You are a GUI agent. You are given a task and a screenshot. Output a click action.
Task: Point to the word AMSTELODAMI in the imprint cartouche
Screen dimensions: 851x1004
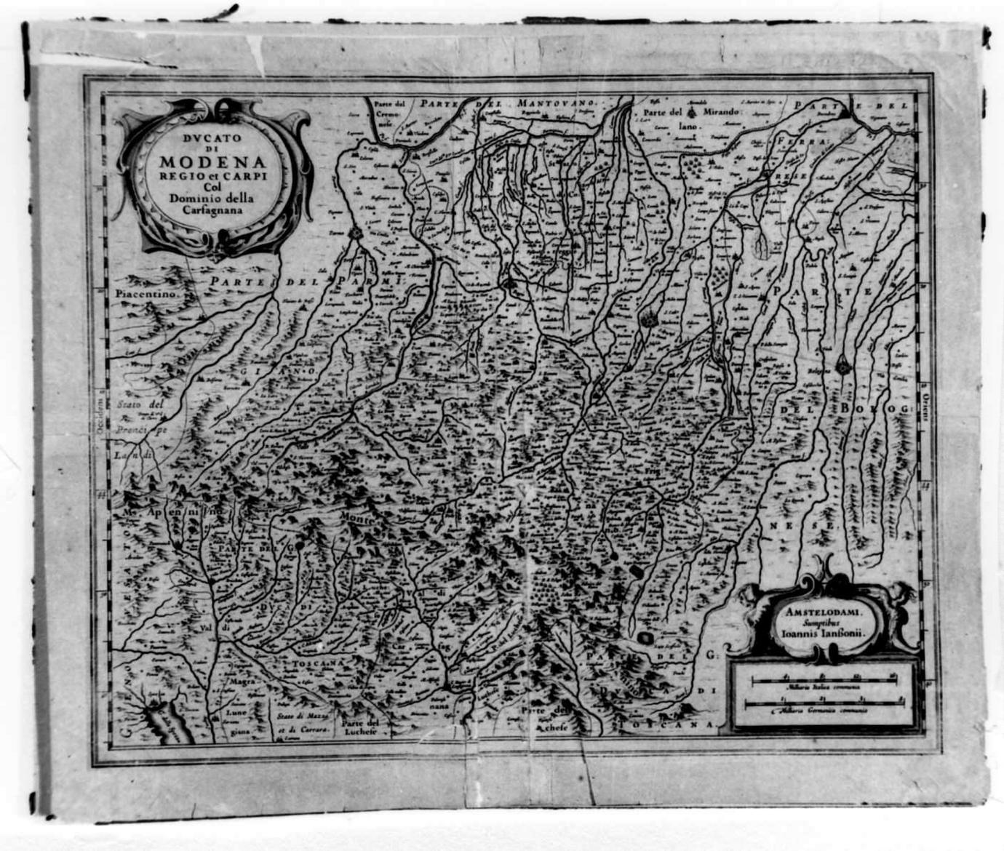pyautogui.click(x=822, y=612)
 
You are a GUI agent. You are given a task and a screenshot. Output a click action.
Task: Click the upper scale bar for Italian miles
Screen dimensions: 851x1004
pyautogui.click(x=823, y=679)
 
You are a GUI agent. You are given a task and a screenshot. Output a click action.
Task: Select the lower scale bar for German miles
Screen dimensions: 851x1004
pyautogui.click(x=823, y=702)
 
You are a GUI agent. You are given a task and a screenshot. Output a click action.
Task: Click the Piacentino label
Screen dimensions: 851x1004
pyautogui.click(x=146, y=294)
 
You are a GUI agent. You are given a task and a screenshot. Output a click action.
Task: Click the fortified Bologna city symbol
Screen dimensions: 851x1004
pyautogui.click(x=842, y=367)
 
